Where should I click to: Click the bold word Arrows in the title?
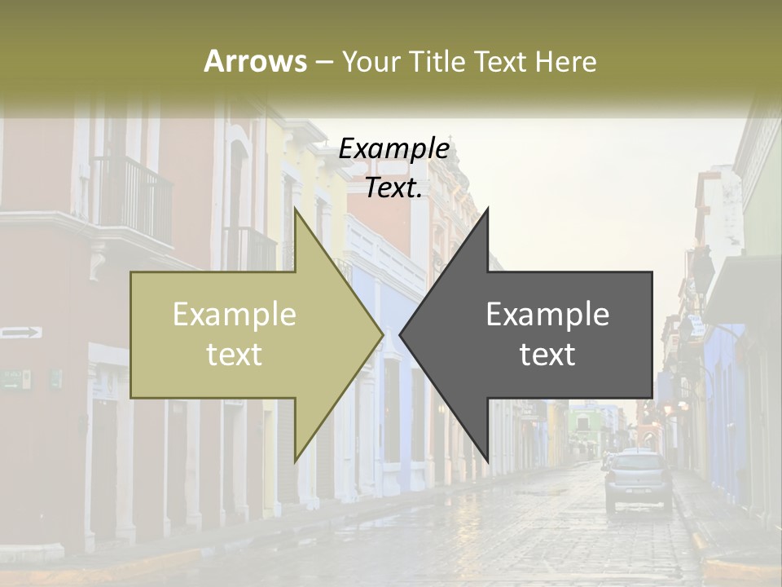click(x=255, y=61)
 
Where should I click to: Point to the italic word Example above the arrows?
click(x=393, y=148)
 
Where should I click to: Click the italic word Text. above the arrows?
click(x=393, y=188)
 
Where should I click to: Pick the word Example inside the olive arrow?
click(x=235, y=314)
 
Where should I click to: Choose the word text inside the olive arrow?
click(x=235, y=354)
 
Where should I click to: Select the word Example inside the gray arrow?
click(x=547, y=314)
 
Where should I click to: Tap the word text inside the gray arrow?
click(x=547, y=354)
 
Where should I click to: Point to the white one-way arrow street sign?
click(x=21, y=332)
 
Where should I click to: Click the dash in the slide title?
click(x=323, y=62)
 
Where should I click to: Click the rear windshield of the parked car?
click(x=638, y=466)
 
